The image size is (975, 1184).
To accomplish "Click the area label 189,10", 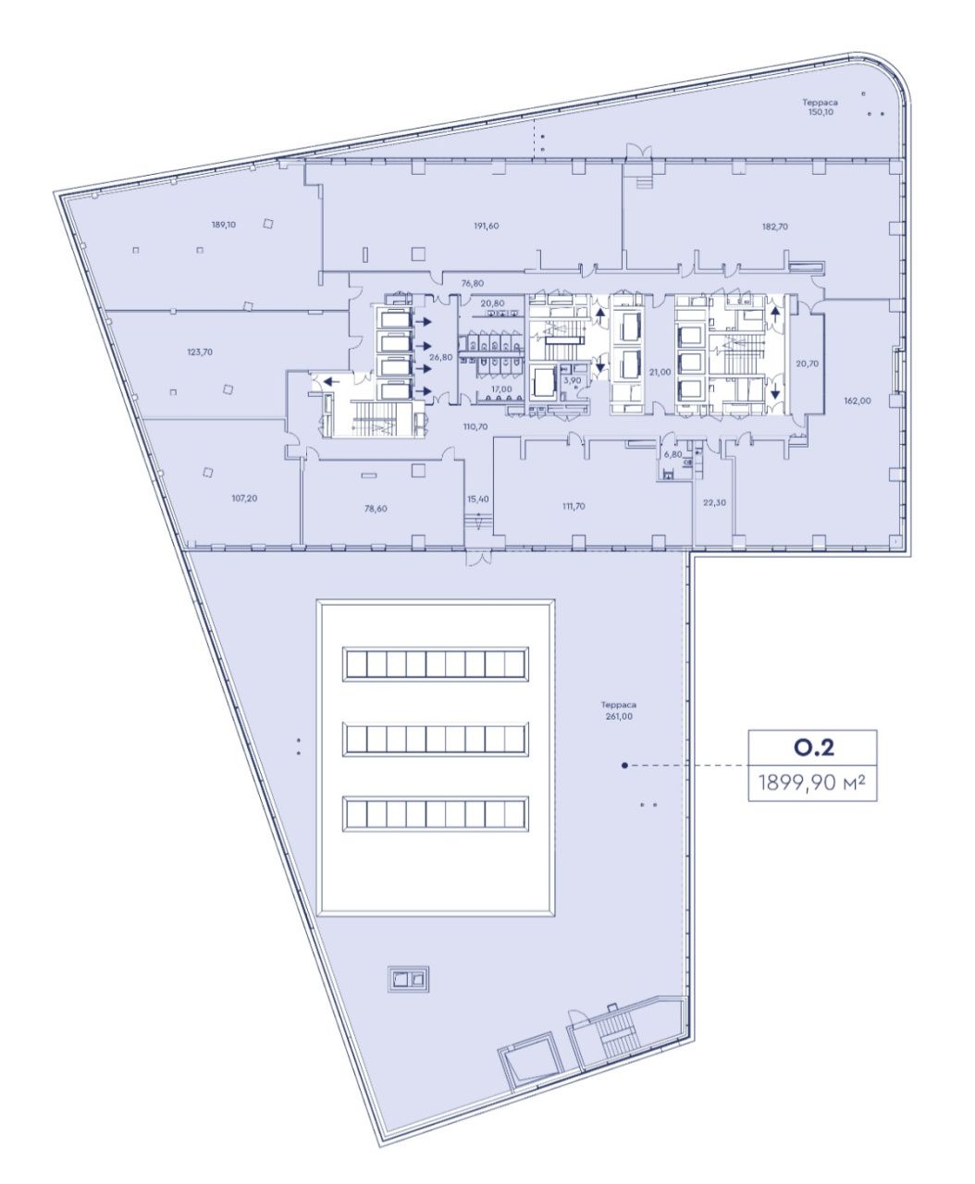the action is pos(224,225).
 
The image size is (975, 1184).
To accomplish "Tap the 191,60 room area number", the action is pos(487,226).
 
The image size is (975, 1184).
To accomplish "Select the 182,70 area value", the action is pos(775,227).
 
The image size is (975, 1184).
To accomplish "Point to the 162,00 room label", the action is pos(857,401).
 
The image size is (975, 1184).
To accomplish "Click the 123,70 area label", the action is pos(200,351).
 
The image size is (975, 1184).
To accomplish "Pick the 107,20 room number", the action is pos(244,498).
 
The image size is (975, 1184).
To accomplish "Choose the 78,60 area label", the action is pos(376,509).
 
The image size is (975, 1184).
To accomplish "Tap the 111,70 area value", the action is pos(574,506).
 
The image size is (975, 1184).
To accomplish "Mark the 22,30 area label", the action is pos(714,502).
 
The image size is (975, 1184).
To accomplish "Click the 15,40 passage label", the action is pos(477,499).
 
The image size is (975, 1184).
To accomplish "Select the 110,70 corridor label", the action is pos(475,426).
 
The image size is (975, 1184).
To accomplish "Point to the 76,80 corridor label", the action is pos(473,283).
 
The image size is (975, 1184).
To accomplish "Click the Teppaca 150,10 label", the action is pos(821,107).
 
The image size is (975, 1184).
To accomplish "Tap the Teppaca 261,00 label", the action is pos(619,710).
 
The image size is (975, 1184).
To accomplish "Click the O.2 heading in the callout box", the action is pos(813,747).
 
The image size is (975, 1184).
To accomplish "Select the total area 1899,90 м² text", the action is pos(812,783).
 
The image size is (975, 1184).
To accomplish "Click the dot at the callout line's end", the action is pos(624,765).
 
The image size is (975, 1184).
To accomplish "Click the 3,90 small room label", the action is pos(573,380).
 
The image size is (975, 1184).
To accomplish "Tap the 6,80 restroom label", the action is pos(673,454).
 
